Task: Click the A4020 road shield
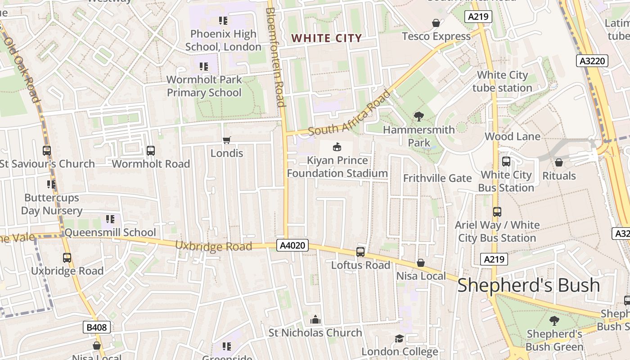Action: pyautogui.click(x=292, y=245)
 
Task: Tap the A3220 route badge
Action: pyautogui.click(x=592, y=61)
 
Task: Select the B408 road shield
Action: pyautogui.click(x=97, y=327)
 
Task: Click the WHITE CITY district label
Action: pyautogui.click(x=326, y=38)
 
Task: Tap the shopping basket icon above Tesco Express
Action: pyautogui.click(x=436, y=23)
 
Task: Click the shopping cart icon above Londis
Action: pyautogui.click(x=227, y=140)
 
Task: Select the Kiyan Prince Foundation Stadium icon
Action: pyautogui.click(x=337, y=147)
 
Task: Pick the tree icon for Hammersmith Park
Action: pyautogui.click(x=418, y=117)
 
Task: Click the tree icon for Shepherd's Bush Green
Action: pyautogui.click(x=554, y=321)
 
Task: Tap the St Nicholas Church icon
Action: pyautogui.click(x=315, y=319)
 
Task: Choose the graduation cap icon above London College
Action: pyautogui.click(x=399, y=338)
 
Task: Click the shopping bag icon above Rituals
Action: pyautogui.click(x=559, y=162)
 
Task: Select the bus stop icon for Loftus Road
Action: pyautogui.click(x=360, y=252)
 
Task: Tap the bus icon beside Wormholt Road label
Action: pyautogui.click(x=151, y=151)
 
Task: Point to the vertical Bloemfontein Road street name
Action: pyautogui.click(x=275, y=56)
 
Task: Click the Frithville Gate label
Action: pyautogui.click(x=437, y=178)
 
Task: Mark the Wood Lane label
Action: pyautogui.click(x=512, y=136)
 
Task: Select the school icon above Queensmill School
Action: pyautogui.click(x=110, y=219)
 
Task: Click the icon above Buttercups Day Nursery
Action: pyautogui.click(x=51, y=184)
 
